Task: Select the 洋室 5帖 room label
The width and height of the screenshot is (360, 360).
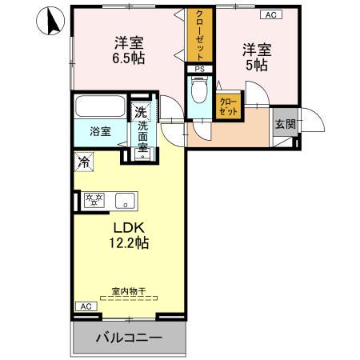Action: coord(257,57)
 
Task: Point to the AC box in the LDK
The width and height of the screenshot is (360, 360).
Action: coord(85,306)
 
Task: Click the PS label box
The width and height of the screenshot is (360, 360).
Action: coord(197,70)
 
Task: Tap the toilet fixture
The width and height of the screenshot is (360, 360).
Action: coord(199,90)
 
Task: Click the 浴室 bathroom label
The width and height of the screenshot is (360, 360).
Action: coord(100,130)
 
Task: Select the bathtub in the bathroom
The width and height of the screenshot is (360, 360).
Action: coord(100,106)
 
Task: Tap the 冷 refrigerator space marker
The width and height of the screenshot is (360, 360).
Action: coord(84,161)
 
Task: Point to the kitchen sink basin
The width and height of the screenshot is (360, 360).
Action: coord(124,200)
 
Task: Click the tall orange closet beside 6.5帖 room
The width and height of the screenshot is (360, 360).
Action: coord(196,34)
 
